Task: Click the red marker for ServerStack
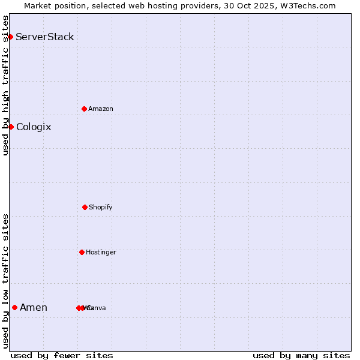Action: pyautogui.click(x=10, y=37)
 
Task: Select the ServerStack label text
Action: pyautogui.click(x=45, y=37)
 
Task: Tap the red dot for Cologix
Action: pyautogui.click(x=11, y=127)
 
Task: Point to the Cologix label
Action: pyautogui.click(x=34, y=127)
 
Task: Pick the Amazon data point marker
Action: pyautogui.click(x=84, y=109)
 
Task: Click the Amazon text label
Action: pyautogui.click(x=101, y=109)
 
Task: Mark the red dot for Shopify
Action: pyautogui.click(x=85, y=207)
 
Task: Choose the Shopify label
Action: pyautogui.click(x=101, y=207)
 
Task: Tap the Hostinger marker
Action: pyautogui.click(x=82, y=252)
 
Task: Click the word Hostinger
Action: pyautogui.click(x=101, y=252)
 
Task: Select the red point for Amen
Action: pyautogui.click(x=14, y=308)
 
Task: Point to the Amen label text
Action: pyautogui.click(x=34, y=308)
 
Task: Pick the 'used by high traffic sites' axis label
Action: pyautogui.click(x=5, y=85)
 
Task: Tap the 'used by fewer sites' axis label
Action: pyautogui.click(x=62, y=355)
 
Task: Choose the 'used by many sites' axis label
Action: pyautogui.click(x=301, y=355)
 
